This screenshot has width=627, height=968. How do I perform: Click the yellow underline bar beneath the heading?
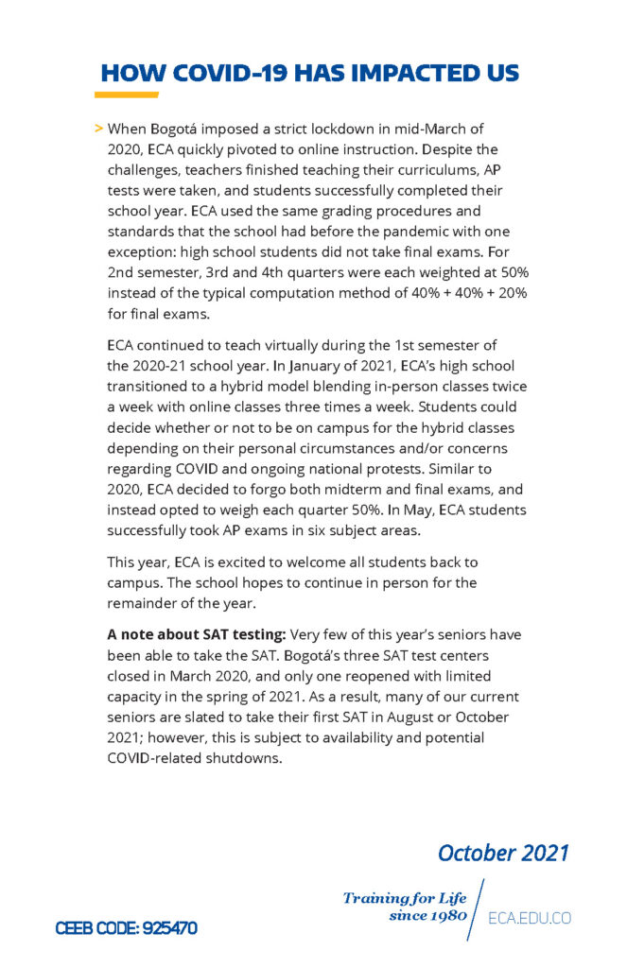126,95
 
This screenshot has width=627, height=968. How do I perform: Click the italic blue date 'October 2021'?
503,853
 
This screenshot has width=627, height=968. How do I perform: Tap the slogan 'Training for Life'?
404,898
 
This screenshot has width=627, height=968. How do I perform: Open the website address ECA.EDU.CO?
530,918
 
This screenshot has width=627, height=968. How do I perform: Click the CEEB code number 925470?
167,928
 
